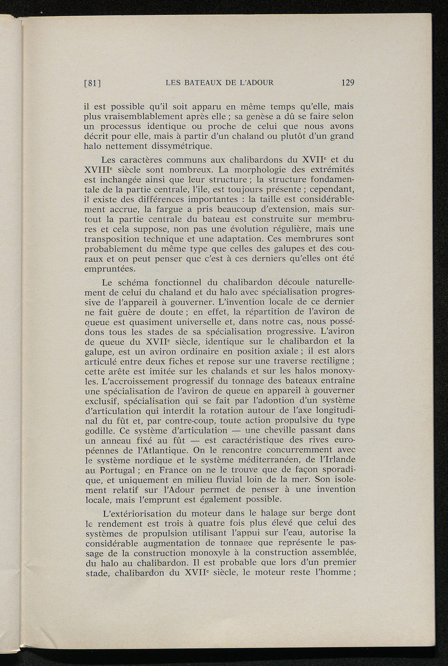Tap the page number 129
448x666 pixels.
click(x=346, y=82)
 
